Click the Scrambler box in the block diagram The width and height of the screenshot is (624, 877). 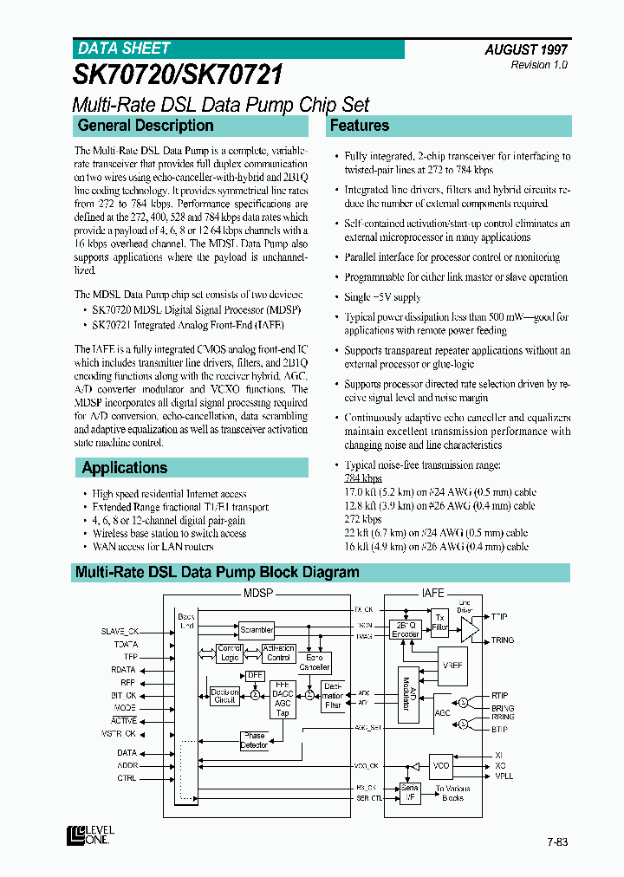pos(257,630)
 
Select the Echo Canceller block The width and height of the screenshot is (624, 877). pos(315,663)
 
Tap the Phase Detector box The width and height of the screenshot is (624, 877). pos(254,740)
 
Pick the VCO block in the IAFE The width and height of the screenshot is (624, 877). pos(442,766)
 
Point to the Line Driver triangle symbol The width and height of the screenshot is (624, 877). pos(469,628)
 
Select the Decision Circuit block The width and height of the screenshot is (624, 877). pos(224,695)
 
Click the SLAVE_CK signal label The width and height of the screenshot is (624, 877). pos(120,631)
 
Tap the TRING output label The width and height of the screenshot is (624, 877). pos(503,640)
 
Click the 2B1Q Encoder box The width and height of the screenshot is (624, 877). pos(406,629)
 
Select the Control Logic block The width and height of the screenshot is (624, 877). pos(230,653)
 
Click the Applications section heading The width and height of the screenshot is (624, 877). pos(125,468)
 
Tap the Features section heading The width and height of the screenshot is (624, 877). pos(360,126)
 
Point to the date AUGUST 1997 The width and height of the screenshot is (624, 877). pos(526,50)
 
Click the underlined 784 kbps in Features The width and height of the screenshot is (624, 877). pos(363,478)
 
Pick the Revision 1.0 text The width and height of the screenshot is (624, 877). pos(539,66)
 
